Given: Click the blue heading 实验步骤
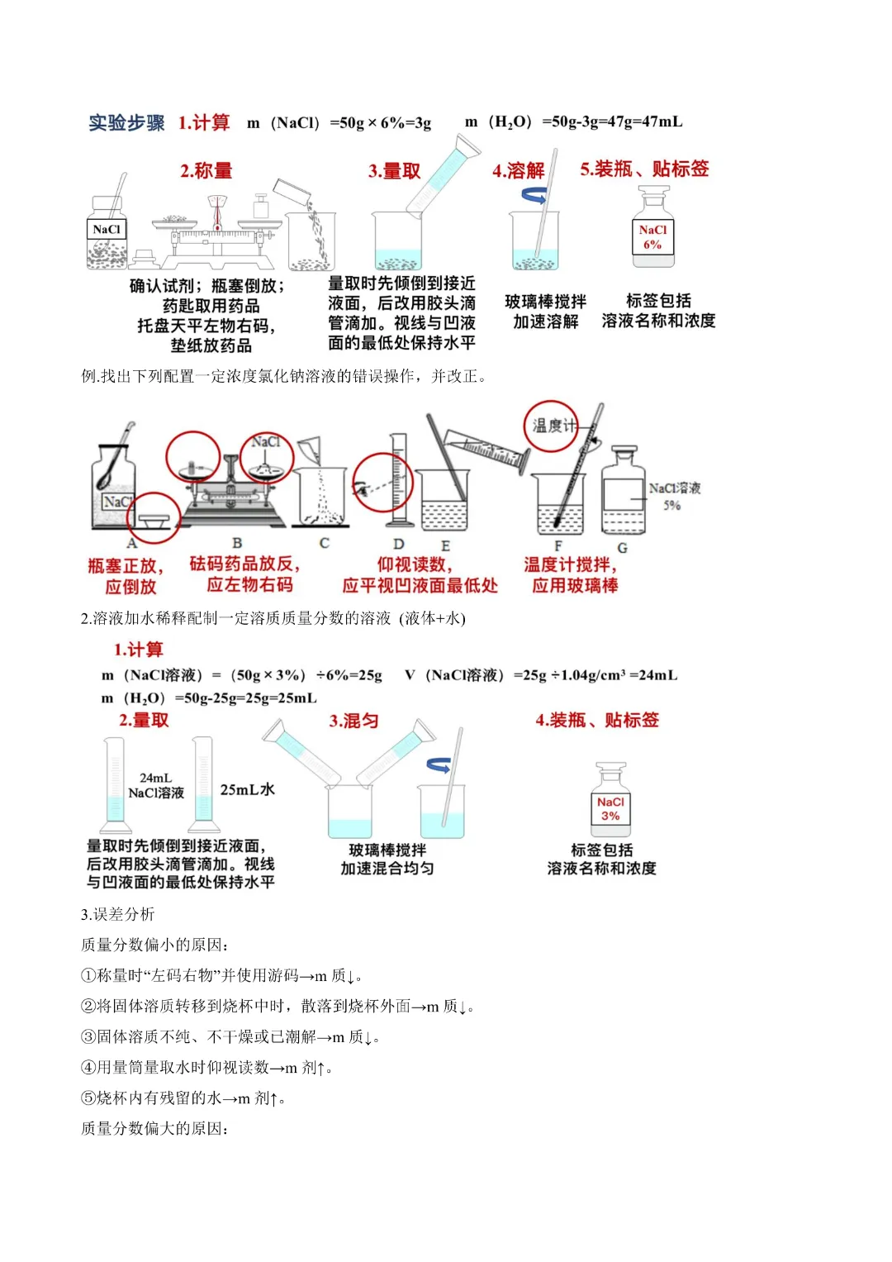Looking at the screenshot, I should tap(126, 123).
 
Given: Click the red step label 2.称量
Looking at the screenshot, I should tap(206, 171).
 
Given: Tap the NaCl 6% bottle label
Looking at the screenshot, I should tap(652, 237).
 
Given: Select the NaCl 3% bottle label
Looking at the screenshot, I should tap(610, 809).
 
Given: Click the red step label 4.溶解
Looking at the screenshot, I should tap(518, 171).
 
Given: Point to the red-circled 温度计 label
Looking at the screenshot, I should tap(551, 426).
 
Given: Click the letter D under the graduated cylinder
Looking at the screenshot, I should tap(398, 544).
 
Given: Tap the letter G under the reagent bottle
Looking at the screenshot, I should tap(622, 547).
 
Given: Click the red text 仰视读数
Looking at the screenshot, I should tap(415, 564).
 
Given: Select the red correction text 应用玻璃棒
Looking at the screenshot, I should tap(575, 586).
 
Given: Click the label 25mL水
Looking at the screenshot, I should tap(247, 790).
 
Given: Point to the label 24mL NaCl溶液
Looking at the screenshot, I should tap(156, 786).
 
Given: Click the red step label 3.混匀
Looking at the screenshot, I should tap(353, 721).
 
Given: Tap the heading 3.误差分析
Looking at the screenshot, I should tap(117, 914).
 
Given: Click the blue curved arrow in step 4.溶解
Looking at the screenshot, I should tap(534, 195).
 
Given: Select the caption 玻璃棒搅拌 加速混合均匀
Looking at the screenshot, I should tap(387, 860).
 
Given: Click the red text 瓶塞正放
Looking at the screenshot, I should tap(126, 566).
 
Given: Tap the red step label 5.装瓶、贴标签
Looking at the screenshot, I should tap(644, 169).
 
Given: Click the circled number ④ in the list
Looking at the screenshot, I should tap(88, 1068).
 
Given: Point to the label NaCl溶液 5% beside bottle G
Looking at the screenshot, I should tap(674, 496).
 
